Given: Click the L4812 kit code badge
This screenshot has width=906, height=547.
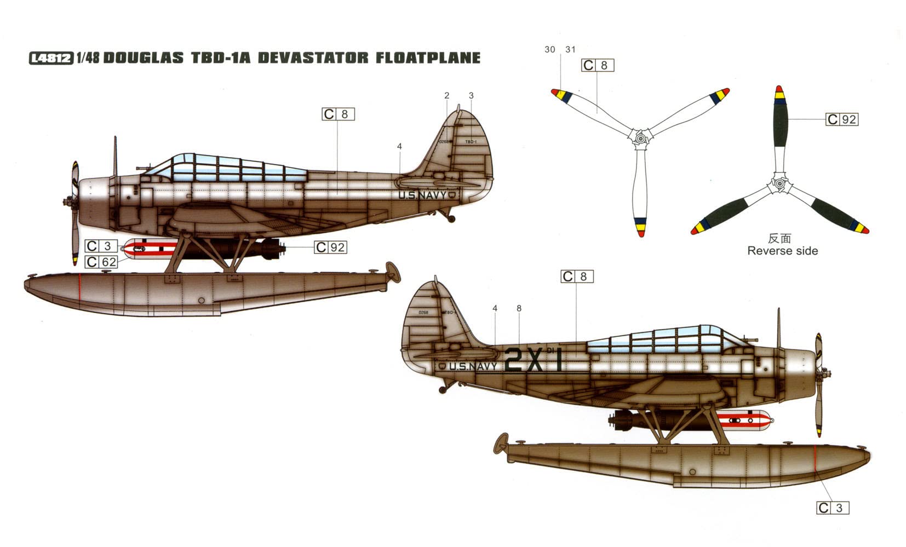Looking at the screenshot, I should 50,57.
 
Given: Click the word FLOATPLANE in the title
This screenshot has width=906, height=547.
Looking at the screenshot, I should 427,57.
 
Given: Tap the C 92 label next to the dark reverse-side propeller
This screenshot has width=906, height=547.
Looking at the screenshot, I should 841,119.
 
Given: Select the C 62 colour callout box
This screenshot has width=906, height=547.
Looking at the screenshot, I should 101,262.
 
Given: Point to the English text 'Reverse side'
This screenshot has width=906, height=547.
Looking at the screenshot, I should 782,251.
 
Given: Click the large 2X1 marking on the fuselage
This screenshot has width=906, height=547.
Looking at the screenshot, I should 532,360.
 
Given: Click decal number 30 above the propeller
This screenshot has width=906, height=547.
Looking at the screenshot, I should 550,49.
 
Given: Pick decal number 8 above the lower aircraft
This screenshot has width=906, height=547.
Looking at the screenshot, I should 519,308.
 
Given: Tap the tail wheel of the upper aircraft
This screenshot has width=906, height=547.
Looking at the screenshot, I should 452,219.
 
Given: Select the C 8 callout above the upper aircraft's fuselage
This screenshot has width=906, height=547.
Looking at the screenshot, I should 338,114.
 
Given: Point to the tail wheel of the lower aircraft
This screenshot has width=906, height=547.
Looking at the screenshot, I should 441,390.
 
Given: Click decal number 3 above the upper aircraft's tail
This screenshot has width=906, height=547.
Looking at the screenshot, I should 471,95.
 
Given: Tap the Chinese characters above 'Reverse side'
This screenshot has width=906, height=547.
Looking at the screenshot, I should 779,238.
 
